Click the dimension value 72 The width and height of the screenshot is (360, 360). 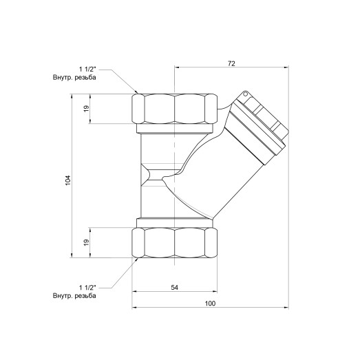point(231,63)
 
